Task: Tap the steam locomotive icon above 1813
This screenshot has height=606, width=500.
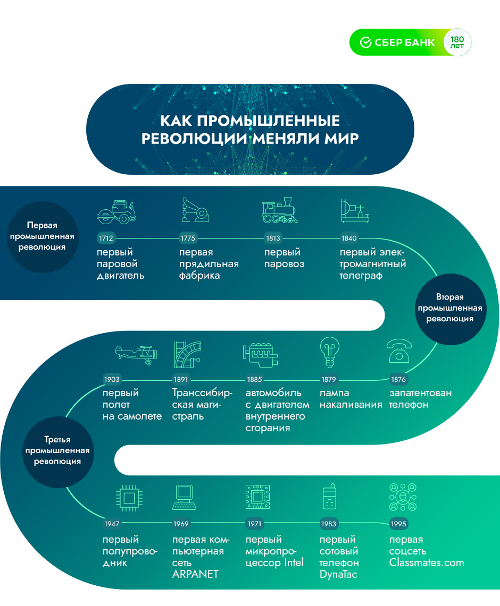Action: pyautogui.click(x=279, y=211)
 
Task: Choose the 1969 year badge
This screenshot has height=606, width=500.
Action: pyautogui.click(x=181, y=524)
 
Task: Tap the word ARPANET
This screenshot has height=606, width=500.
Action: pyautogui.click(x=195, y=574)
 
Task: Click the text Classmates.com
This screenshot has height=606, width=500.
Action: pyautogui.click(x=426, y=562)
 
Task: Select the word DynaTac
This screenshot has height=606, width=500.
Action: pyautogui.click(x=338, y=574)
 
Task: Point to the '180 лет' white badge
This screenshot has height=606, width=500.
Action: pyautogui.click(x=457, y=42)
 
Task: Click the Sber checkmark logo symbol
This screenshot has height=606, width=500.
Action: pyautogui.click(x=365, y=42)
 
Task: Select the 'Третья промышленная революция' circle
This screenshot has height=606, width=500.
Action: pyautogui.click(x=57, y=450)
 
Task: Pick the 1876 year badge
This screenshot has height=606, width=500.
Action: pyautogui.click(x=398, y=380)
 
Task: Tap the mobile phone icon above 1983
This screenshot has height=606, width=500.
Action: pyautogui.click(x=329, y=498)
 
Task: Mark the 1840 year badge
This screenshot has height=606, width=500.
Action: pyautogui.click(x=349, y=238)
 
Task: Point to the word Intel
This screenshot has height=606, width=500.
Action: pyautogui.click(x=294, y=562)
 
